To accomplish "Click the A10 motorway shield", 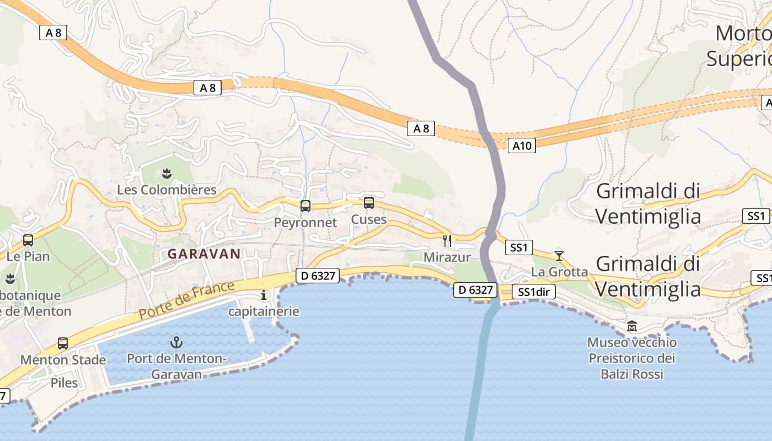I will click(x=522, y=146).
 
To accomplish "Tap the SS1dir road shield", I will click(x=533, y=292).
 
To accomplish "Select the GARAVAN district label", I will click(x=204, y=254).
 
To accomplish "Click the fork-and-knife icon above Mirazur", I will click(x=447, y=240).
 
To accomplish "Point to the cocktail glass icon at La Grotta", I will click(x=559, y=255).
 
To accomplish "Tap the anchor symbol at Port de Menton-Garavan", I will click(x=176, y=342).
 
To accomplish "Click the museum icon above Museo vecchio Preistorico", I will click(x=632, y=326).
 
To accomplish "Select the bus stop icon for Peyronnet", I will click(x=305, y=206).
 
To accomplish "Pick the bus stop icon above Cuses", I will click(x=369, y=203).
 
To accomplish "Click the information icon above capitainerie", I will click(x=264, y=295).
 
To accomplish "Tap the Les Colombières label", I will click(x=167, y=190).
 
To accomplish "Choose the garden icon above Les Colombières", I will click(x=167, y=174).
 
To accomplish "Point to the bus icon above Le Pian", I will click(x=28, y=240).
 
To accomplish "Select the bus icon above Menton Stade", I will click(x=63, y=343).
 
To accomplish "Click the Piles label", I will click(x=64, y=383).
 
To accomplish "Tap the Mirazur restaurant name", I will click(x=447, y=257).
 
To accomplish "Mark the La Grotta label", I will click(x=559, y=272).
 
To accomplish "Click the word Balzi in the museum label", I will click(x=615, y=374).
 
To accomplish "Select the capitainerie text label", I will click(x=264, y=311).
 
